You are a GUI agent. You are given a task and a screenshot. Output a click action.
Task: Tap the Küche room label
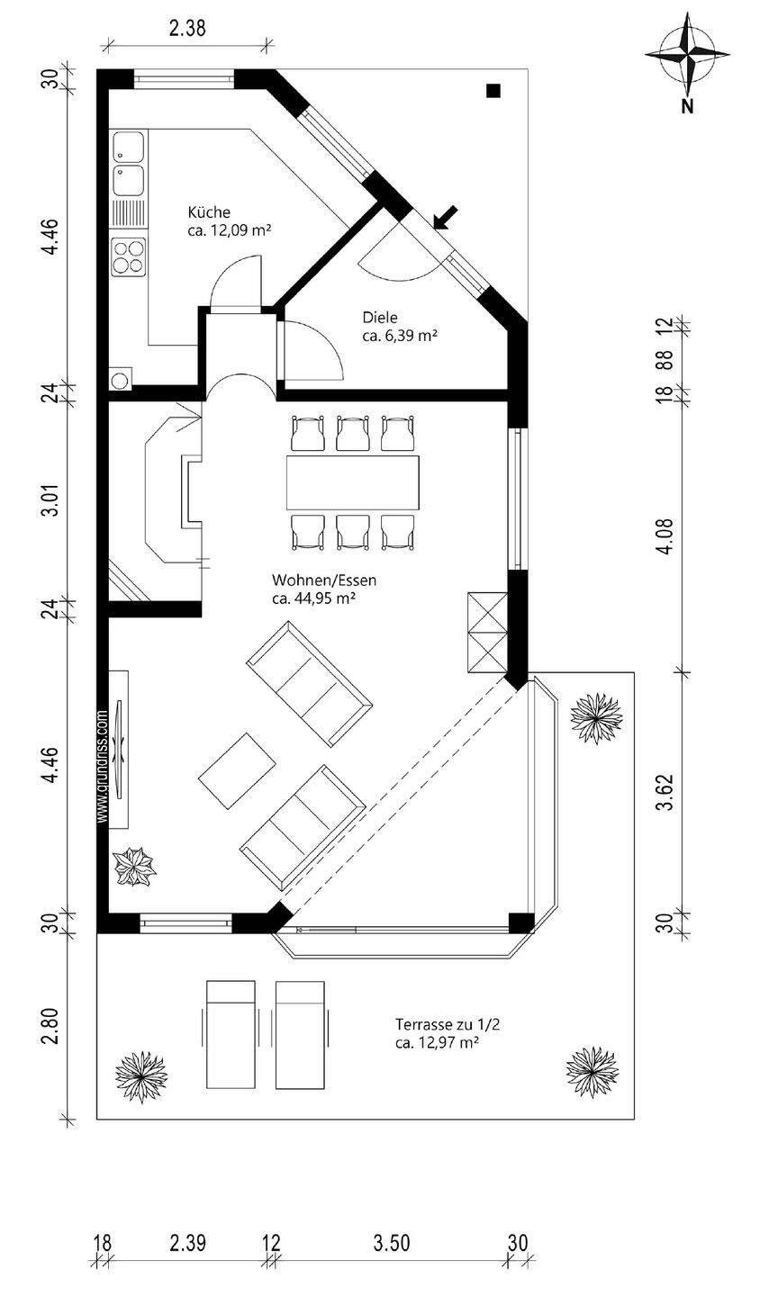210,212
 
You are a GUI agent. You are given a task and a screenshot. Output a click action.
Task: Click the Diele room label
380,317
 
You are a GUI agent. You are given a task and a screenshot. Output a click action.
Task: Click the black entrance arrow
445,217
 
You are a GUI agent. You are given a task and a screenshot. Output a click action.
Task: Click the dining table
353,483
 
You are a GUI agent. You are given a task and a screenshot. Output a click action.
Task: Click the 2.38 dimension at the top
187,28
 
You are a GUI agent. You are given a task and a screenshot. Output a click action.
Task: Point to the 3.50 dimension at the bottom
392,1244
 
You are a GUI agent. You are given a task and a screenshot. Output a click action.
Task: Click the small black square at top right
493,90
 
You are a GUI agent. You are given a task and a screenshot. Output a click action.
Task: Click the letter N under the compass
687,107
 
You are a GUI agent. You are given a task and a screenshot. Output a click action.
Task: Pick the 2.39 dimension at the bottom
187,1244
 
